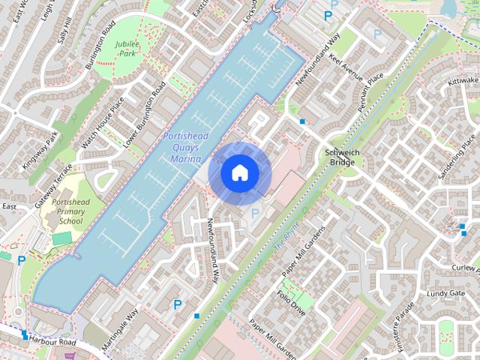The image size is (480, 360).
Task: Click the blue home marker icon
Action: pos(239,172)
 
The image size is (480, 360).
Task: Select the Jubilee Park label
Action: pos(127,49)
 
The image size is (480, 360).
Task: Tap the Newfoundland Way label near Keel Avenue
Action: pos(319,58)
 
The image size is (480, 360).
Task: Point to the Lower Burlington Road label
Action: pos(144,117)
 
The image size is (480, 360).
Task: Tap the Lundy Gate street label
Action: pos(448,293)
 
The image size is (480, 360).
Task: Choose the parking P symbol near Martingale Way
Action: pos(178,304)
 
